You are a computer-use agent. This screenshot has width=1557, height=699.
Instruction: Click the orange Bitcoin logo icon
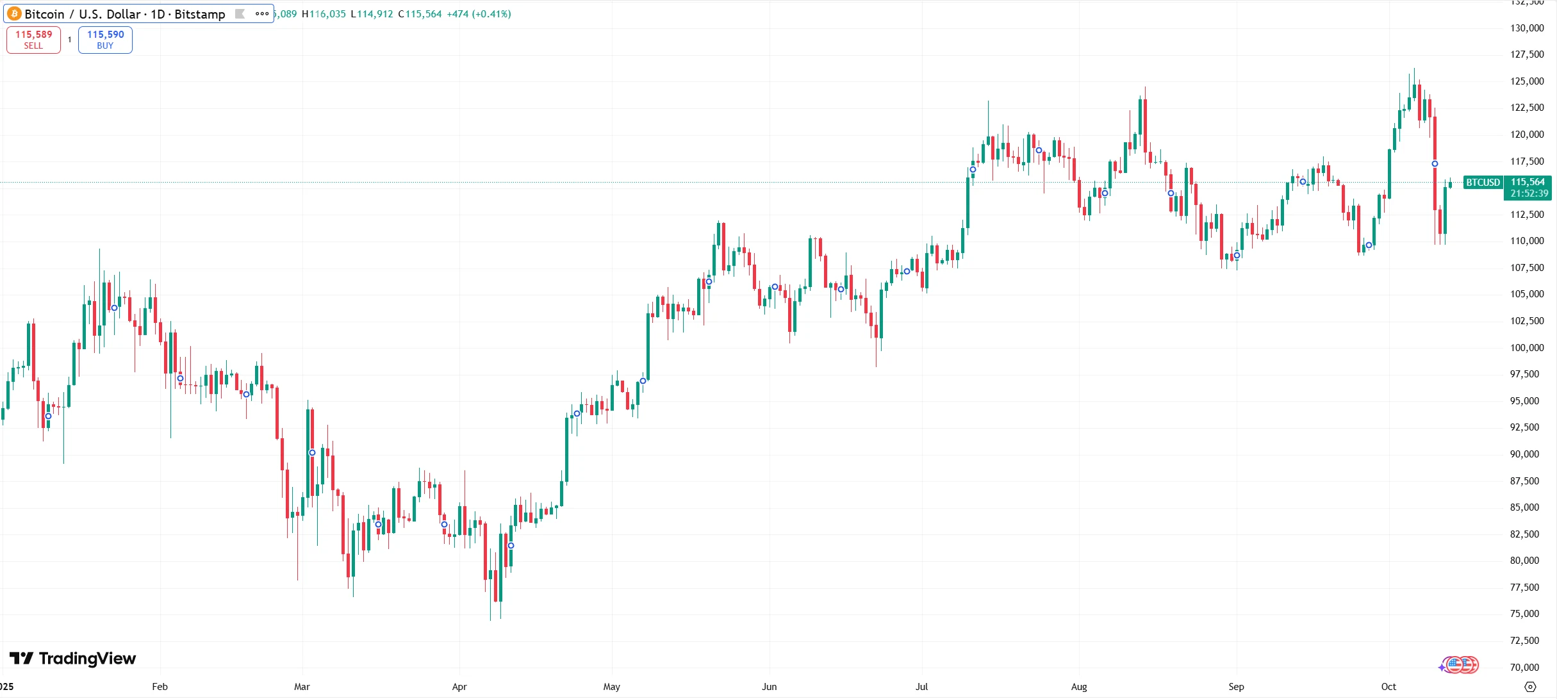pyautogui.click(x=14, y=13)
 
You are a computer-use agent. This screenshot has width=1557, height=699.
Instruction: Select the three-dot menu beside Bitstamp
pyautogui.click(x=262, y=13)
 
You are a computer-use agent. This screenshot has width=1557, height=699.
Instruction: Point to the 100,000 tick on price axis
pyautogui.click(x=1527, y=347)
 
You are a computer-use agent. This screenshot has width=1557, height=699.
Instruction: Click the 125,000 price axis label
pyautogui.click(x=1527, y=81)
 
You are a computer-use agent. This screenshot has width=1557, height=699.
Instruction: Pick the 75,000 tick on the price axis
pyautogui.click(x=1527, y=613)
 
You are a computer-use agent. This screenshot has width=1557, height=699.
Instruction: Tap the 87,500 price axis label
pyautogui.click(x=1527, y=481)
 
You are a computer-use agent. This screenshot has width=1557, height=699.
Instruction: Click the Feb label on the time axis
pyautogui.click(x=160, y=686)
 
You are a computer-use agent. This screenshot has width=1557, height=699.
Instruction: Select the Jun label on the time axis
pyautogui.click(x=769, y=686)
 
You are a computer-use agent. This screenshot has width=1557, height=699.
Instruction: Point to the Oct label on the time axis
pyautogui.click(x=1388, y=686)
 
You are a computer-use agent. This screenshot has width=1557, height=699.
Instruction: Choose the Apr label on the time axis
pyautogui.click(x=459, y=686)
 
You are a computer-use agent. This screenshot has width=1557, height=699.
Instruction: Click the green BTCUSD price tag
pyautogui.click(x=1483, y=183)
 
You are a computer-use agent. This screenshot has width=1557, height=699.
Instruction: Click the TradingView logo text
pyautogui.click(x=86, y=659)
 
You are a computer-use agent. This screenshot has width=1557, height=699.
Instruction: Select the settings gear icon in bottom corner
pyautogui.click(x=1530, y=686)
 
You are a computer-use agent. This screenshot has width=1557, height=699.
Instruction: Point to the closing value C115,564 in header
pyautogui.click(x=420, y=13)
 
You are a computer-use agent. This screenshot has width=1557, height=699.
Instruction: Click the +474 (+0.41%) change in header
pyautogui.click(x=479, y=13)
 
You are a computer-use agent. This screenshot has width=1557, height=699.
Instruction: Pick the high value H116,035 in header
pyautogui.click(x=324, y=13)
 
